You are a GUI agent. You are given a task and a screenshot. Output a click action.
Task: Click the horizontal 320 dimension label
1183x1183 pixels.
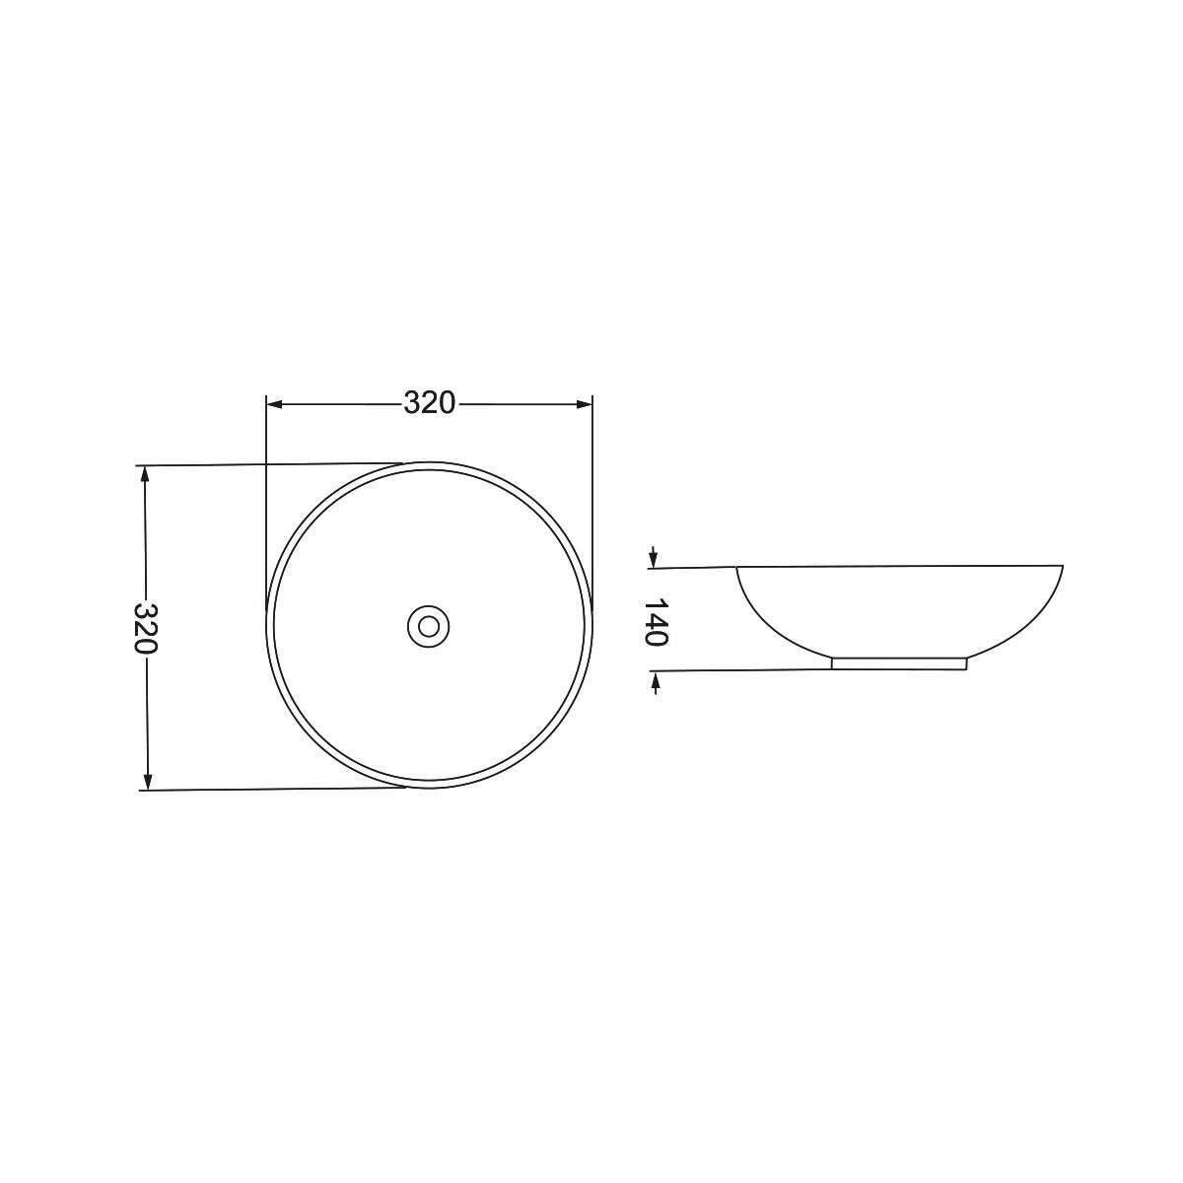tap(429, 403)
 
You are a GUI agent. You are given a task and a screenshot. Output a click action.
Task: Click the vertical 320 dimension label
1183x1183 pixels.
tap(146, 628)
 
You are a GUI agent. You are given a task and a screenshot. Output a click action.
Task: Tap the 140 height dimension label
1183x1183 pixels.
tap(655, 622)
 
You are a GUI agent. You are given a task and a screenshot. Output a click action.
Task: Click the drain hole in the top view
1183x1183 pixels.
tap(429, 627)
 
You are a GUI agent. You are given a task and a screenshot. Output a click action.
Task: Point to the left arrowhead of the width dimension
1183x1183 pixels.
tap(274, 404)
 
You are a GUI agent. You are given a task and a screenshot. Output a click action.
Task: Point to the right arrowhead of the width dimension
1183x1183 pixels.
tap(584, 404)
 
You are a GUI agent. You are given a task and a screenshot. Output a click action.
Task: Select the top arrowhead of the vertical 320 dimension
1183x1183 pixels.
tap(145, 473)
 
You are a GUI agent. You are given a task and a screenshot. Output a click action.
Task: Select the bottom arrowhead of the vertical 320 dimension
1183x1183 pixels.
tap(147, 782)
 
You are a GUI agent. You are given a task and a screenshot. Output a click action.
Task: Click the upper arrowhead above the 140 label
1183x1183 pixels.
tap(654, 559)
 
